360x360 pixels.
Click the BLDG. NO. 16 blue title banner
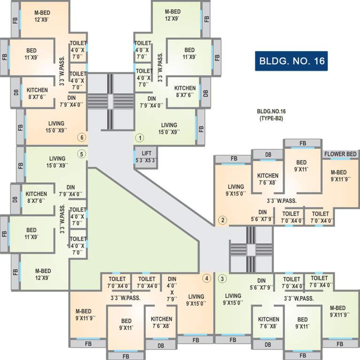291,60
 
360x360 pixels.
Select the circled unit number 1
139,138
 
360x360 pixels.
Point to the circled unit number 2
223,220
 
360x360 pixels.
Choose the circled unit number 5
81,154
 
